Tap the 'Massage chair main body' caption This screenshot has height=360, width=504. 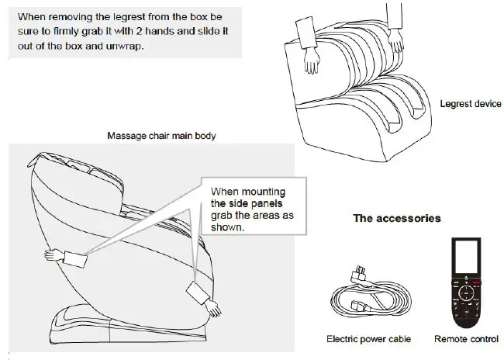click(161, 136)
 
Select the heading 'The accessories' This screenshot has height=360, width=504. click(397, 218)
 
